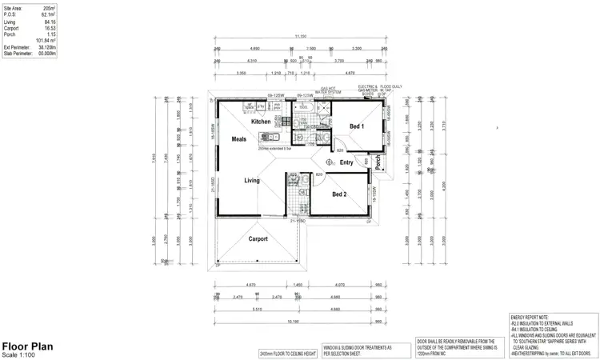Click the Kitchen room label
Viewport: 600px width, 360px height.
click(261, 122)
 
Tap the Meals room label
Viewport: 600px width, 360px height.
click(239, 139)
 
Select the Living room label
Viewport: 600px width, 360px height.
click(252, 181)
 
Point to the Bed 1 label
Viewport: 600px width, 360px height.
click(357, 126)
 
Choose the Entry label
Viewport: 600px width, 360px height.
click(346, 162)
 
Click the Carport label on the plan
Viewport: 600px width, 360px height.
click(258, 238)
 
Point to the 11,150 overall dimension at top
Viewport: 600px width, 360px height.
click(300, 36)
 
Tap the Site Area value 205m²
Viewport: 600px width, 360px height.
click(48, 7)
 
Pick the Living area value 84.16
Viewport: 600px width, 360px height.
click(50, 22)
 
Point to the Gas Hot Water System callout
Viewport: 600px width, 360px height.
click(327, 90)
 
